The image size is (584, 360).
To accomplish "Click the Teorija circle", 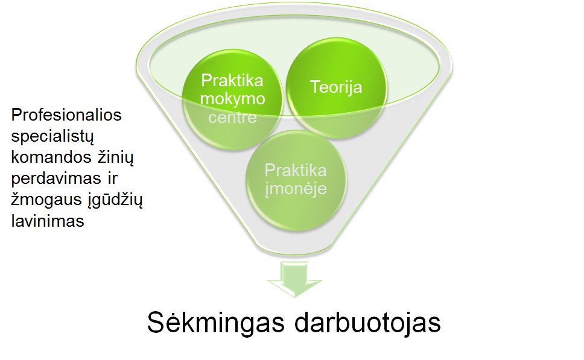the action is point(336,88).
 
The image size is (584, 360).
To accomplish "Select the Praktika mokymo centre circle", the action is point(233,99).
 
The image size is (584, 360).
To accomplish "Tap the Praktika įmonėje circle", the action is point(296,180).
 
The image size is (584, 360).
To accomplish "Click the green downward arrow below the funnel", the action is point(294,279).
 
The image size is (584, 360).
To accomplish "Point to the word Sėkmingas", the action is point(216,323).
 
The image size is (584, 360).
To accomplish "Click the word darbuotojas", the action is point(368,323).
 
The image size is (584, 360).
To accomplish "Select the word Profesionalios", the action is point(66,115).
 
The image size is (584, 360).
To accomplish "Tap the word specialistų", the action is point(52,137).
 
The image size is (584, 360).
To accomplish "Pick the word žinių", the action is point(116,158).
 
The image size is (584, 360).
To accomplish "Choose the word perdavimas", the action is point(56,179).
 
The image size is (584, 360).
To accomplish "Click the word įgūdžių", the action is point(115,200).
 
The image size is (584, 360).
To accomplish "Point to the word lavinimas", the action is point(48,221).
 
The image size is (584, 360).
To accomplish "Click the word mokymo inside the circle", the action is point(233,99).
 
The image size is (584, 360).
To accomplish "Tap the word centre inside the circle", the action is point(233,118).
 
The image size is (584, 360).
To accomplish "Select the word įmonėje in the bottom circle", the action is point(296,188).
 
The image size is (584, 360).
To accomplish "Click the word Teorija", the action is point(336,87).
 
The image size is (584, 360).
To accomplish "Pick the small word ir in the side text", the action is point(112,178).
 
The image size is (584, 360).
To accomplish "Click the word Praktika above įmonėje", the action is point(296,171).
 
